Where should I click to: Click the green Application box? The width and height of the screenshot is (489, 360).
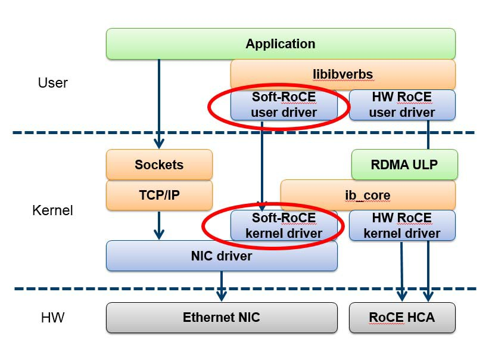tap(280, 44)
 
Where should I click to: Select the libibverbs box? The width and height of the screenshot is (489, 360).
tap(342, 75)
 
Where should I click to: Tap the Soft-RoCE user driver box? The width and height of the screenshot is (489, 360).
tap(284, 104)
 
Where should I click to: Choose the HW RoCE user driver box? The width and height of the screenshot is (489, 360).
tap(401, 104)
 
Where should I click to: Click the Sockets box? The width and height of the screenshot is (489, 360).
tap(159, 165)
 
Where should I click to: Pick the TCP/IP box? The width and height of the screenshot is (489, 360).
tap(159, 195)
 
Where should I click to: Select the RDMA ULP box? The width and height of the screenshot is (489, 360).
tap(403, 165)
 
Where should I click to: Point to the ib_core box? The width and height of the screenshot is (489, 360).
tap(367, 195)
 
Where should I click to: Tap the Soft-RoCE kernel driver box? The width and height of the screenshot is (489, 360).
tap(284, 225)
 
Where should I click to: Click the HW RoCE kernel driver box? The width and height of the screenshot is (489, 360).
tap(401, 225)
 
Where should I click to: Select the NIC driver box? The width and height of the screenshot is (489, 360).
tap(222, 256)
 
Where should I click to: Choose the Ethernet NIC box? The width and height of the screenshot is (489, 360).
tap(222, 317)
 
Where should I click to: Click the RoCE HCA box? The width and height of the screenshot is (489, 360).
tap(401, 317)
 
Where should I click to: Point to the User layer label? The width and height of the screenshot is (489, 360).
tap(52, 83)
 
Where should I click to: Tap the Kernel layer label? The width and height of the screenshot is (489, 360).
tap(52, 210)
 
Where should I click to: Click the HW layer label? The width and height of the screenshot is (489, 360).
tap(54, 318)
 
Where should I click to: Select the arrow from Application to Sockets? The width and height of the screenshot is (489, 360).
tap(159, 101)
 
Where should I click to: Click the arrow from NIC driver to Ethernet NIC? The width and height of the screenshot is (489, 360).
tap(222, 285)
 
